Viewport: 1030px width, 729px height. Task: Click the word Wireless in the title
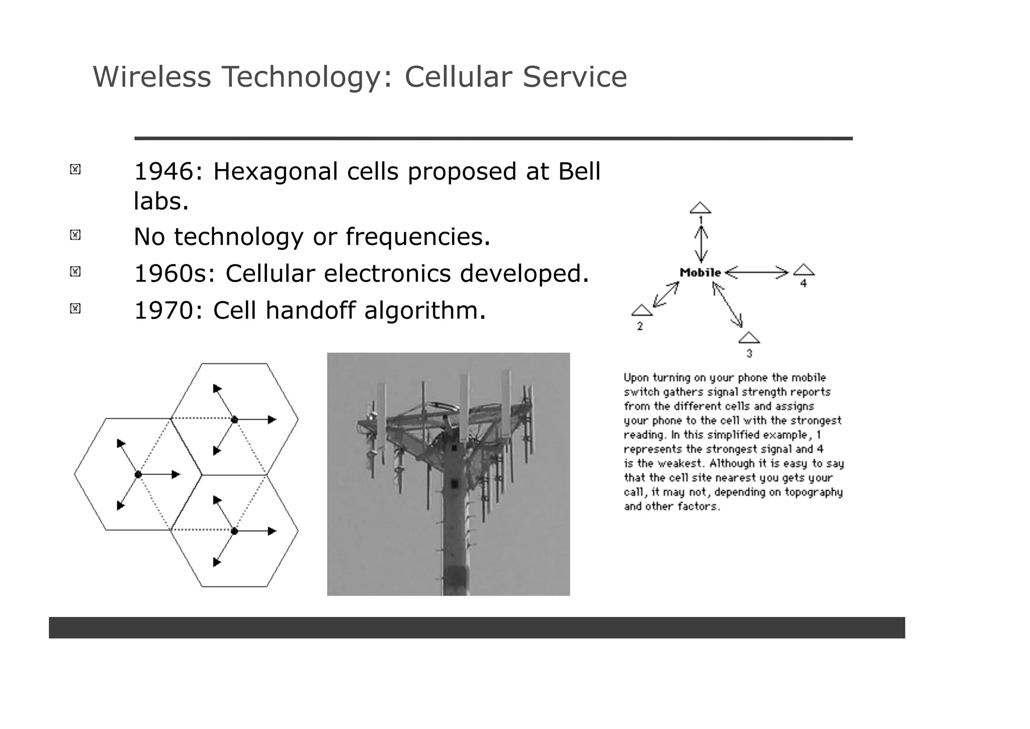coord(151,77)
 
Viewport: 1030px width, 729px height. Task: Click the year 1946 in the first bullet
coord(163,172)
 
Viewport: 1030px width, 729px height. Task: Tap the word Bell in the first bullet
coord(579,172)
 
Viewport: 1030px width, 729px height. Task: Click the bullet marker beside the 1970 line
coord(75,308)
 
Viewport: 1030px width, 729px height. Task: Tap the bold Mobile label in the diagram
coord(700,273)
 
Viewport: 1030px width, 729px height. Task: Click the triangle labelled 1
coord(700,208)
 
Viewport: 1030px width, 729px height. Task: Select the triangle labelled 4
coord(804,270)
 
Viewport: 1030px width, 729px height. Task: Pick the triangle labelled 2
coord(642,311)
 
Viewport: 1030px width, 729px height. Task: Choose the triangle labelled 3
coord(749,338)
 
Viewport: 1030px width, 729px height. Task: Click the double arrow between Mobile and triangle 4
coord(756,273)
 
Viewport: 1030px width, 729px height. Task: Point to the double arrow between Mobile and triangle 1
coord(701,244)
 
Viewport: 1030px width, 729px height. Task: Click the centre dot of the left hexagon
coord(138,475)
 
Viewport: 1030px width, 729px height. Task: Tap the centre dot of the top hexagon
coord(234,419)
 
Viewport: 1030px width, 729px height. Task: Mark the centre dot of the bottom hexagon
coord(234,531)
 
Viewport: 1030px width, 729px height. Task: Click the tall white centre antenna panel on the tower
coord(464,408)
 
